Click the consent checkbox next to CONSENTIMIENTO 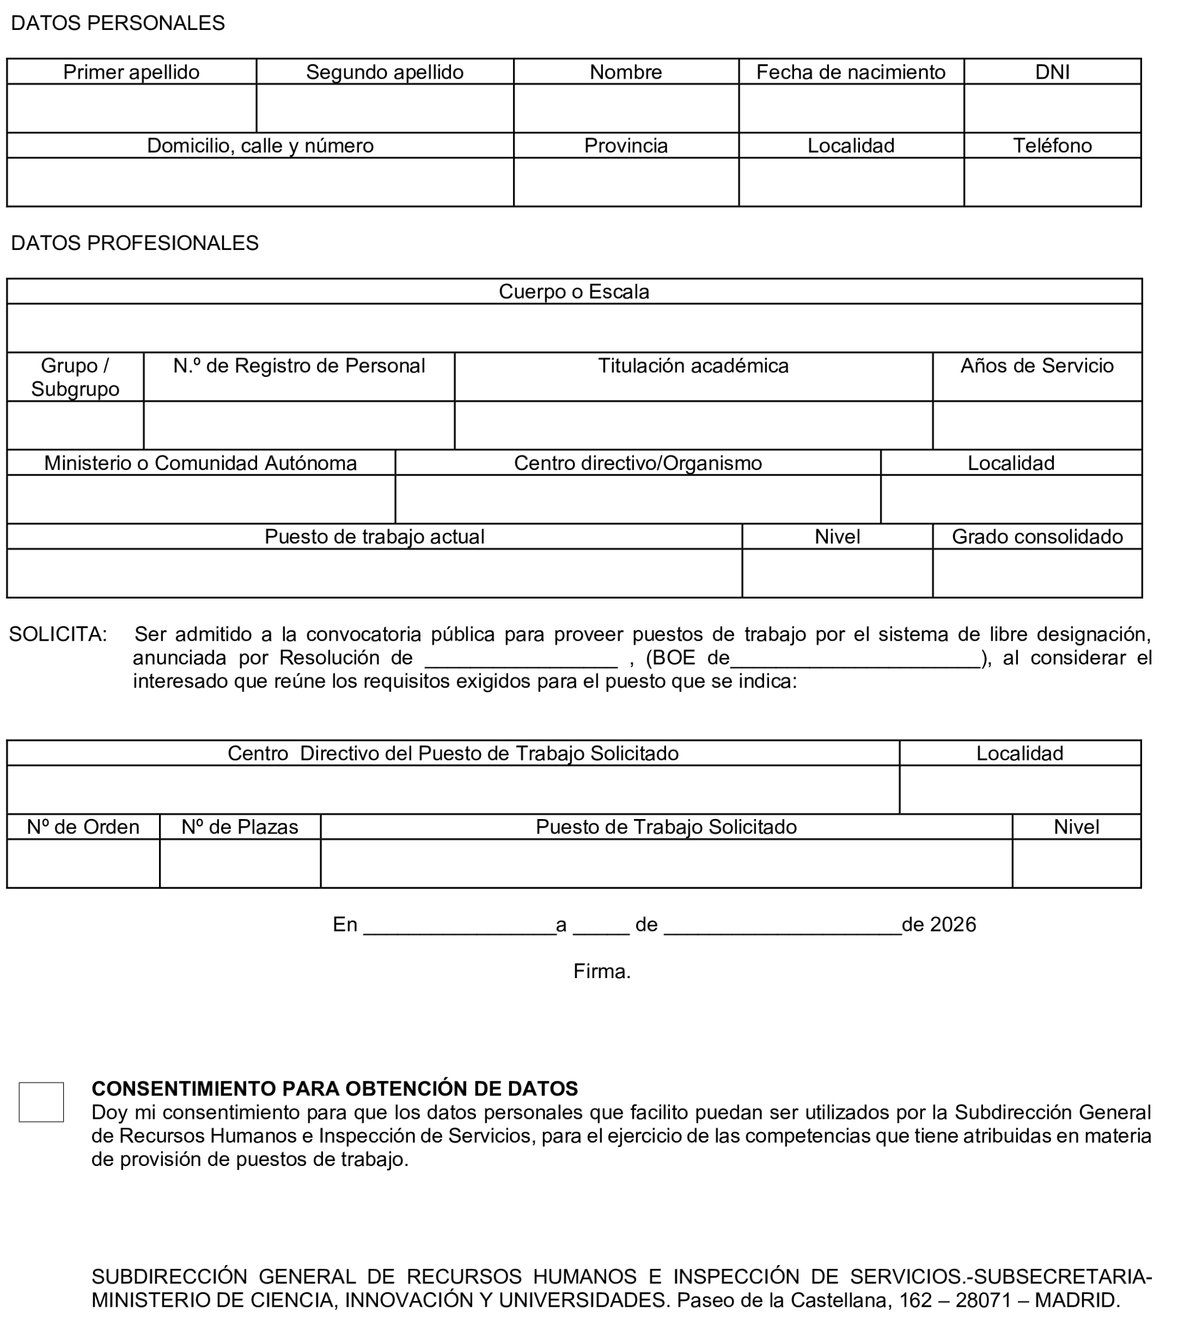pos(41,1102)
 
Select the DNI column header pos(1052,72)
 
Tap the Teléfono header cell pos(1052,145)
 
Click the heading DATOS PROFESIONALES pos(135,243)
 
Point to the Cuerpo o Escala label pos(574,291)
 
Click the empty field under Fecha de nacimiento pos(851,108)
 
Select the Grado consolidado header pos(1037,537)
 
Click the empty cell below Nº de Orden pos(83,863)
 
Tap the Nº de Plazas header pos(240,827)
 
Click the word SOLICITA pos(57,634)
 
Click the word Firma pos(602,971)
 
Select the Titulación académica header pos(693,366)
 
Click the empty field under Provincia pos(626,182)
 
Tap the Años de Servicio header pos(1037,366)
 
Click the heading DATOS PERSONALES pos(118,23)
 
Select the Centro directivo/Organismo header pos(637,463)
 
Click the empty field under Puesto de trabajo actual pos(374,574)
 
